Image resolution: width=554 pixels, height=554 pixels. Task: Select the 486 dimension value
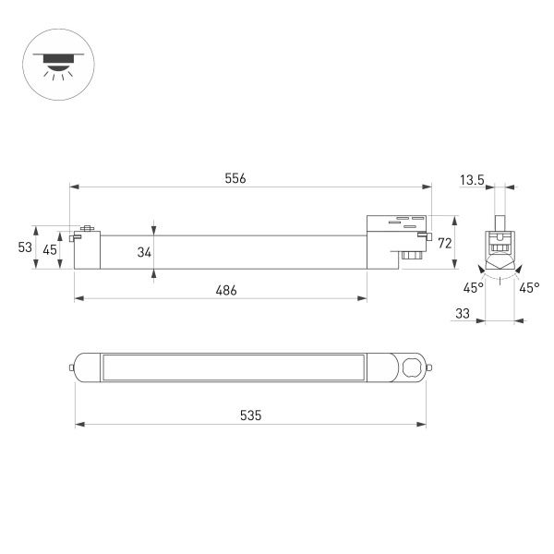point(226,290)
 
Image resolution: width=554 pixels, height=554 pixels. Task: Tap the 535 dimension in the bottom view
point(250,416)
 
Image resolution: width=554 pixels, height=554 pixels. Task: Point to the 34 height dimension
point(144,249)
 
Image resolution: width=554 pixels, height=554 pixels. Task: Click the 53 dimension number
point(25,247)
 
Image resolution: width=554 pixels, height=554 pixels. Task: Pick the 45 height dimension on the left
point(49,249)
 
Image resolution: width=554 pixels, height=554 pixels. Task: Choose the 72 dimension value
point(443,243)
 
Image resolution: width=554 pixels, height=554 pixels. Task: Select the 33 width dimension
point(463,314)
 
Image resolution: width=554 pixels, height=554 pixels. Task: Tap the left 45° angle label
point(473,288)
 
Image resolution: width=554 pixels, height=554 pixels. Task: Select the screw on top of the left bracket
point(89,228)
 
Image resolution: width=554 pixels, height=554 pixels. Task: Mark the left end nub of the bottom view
point(70,367)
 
